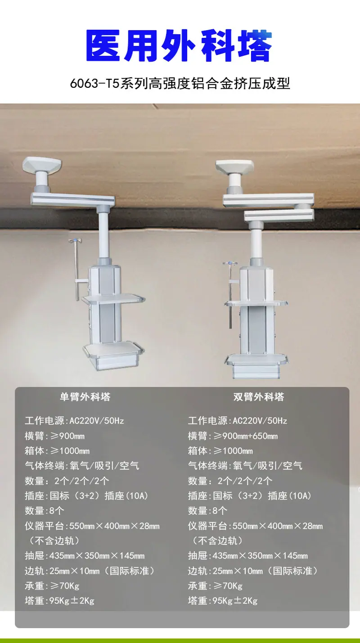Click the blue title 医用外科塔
tap(179, 45)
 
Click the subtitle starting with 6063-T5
tap(180, 84)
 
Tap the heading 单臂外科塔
tap(85, 397)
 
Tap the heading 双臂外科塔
tap(258, 397)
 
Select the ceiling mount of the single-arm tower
tap(42, 165)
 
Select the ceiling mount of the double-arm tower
tap(234, 167)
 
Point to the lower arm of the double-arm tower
tap(279, 215)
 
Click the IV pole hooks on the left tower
tap(75, 240)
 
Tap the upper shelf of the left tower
tap(113, 299)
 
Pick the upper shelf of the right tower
tap(256, 303)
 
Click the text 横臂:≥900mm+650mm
tap(233, 436)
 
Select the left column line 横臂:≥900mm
tap(54, 436)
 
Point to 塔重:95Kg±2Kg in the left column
tap(59, 601)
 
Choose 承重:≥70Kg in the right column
tap(215, 585)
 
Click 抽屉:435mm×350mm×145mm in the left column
tap(85, 556)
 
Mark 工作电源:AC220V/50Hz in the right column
tap(238, 421)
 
